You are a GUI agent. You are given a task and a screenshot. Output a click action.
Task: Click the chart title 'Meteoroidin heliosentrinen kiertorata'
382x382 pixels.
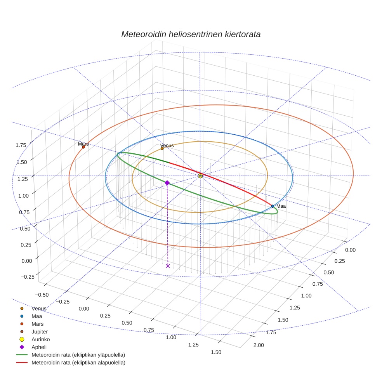191,34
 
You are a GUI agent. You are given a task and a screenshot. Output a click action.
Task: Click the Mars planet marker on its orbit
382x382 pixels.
83,147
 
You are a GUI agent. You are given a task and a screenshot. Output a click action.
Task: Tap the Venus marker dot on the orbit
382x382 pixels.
162,148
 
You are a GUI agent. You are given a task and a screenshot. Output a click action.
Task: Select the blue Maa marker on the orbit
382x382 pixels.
273,206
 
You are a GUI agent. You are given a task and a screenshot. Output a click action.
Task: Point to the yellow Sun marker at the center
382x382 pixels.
200,176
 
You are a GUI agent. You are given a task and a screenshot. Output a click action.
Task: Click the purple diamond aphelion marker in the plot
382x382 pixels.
167,182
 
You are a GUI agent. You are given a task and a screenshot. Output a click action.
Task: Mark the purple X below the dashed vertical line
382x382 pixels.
168,266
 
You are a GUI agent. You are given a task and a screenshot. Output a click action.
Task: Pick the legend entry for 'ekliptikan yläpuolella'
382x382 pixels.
78,355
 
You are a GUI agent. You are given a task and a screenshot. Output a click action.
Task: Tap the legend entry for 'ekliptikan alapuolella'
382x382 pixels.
78,363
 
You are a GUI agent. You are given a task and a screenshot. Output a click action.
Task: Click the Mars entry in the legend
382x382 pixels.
37,324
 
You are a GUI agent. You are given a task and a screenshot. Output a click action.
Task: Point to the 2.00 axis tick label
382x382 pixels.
259,345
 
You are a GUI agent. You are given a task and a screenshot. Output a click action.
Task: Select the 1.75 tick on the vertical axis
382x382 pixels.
21,145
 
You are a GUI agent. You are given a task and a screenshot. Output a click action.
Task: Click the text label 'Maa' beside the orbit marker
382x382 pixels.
281,206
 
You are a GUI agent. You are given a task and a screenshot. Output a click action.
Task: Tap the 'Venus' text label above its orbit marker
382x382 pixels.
167,145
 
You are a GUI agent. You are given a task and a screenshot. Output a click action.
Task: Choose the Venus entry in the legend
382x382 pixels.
39,308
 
